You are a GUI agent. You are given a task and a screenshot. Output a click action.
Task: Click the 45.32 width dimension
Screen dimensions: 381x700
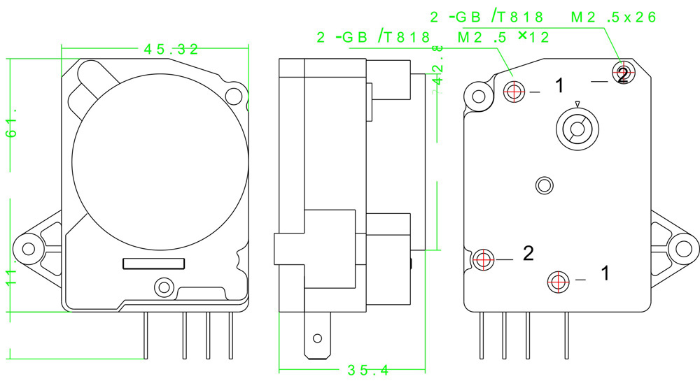[171, 48]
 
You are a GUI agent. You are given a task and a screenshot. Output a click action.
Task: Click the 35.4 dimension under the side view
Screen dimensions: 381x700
[367, 370]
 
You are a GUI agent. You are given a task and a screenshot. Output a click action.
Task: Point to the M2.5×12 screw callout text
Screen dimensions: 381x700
[503, 38]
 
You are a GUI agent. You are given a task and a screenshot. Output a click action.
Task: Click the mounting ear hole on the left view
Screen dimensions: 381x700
[29, 247]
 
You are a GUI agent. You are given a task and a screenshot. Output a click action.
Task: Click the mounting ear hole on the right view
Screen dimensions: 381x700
[683, 247]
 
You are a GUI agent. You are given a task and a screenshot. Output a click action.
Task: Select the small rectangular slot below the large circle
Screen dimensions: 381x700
[154, 263]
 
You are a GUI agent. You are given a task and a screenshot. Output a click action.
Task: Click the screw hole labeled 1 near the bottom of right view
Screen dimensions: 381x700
[558, 280]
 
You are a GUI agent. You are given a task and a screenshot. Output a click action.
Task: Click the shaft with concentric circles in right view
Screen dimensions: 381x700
[577, 128]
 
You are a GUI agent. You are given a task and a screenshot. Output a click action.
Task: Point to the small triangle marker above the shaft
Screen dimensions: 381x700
[577, 104]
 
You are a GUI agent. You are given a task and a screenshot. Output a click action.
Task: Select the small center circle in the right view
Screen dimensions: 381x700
[544, 185]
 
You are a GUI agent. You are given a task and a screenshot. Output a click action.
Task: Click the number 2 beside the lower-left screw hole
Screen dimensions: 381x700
[528, 253]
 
